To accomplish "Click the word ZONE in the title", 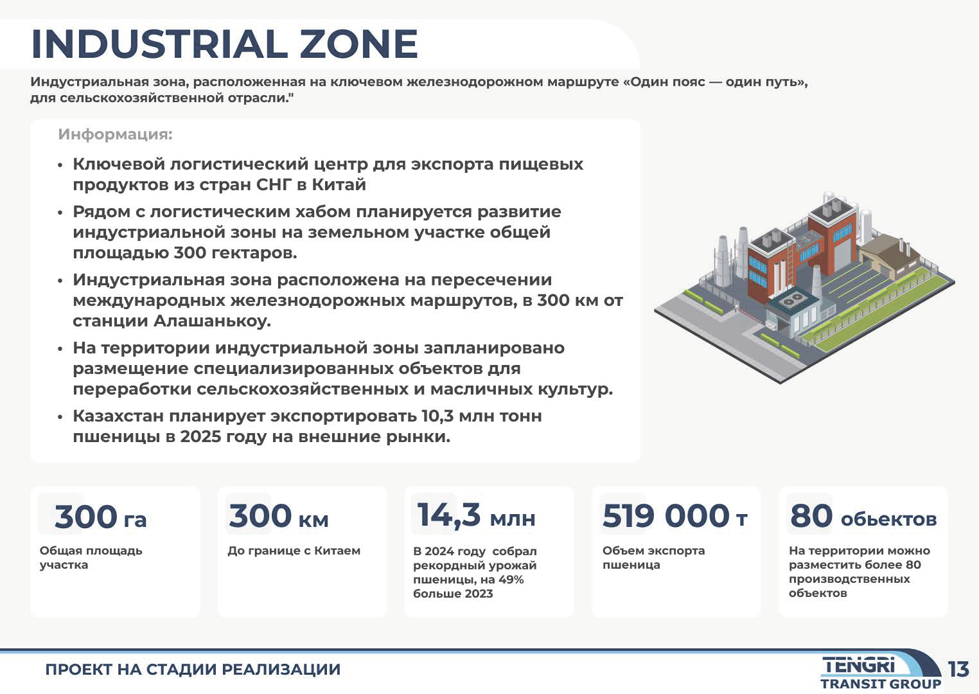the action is [359, 44].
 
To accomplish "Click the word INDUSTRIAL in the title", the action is [159, 44].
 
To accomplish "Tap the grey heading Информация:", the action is [116, 134].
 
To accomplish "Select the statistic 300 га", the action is [100, 517].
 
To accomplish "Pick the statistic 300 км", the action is [278, 516].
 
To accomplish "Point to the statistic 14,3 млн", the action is [476, 515].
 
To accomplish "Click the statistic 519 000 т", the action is [675, 516].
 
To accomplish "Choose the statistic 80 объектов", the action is [863, 516].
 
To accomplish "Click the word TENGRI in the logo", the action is [860, 665].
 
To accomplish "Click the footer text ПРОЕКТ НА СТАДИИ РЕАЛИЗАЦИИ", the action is [193, 670].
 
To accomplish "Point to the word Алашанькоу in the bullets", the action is [213, 321].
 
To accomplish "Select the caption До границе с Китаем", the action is [294, 551].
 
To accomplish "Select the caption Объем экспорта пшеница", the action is [654, 558].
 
